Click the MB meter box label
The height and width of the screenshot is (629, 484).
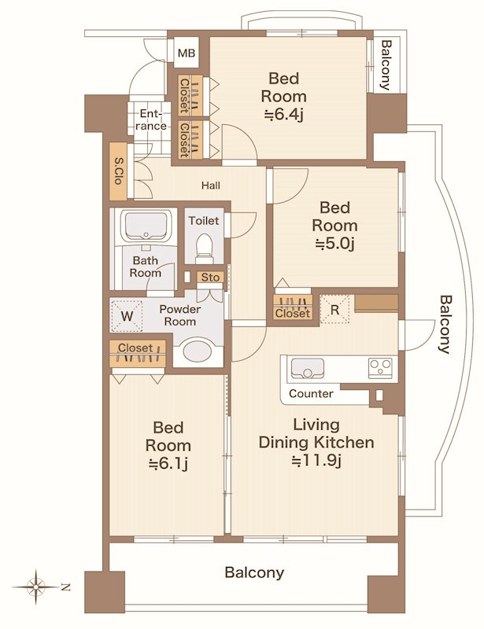point(186,53)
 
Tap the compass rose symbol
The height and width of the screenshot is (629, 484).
point(35,587)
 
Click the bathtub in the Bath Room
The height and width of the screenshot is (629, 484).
point(146,226)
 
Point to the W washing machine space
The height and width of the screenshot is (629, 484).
point(127,316)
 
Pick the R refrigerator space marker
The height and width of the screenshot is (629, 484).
point(334,309)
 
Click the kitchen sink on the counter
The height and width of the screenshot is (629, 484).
point(307,368)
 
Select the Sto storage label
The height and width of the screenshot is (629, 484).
point(210,278)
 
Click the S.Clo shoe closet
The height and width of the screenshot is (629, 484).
point(119,171)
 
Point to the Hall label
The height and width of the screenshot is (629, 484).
point(211,186)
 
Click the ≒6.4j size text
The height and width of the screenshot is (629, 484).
point(283,116)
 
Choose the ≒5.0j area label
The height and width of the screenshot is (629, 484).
point(334,244)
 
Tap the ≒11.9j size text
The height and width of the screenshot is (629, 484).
point(316,462)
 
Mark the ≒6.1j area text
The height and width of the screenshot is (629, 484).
point(168,464)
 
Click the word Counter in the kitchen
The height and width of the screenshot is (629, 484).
point(311,394)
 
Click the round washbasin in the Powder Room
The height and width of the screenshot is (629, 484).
point(198,351)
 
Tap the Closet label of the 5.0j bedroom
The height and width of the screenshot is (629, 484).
point(293,313)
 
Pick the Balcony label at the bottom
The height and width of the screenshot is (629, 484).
point(254,572)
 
